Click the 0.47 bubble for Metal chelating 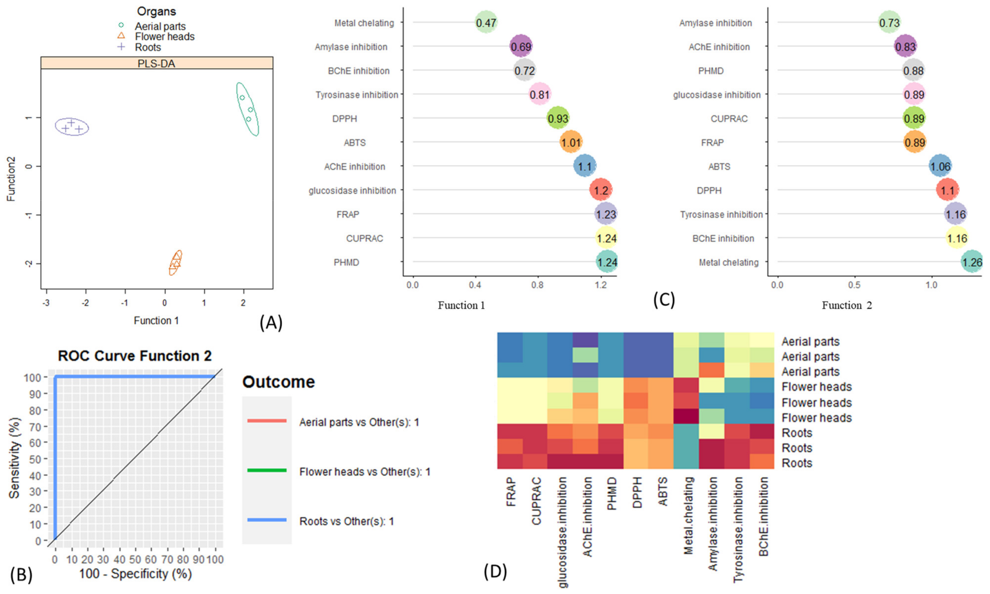(486, 22)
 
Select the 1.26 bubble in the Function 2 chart (972, 262)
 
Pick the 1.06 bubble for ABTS (940, 166)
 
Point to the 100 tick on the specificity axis (215, 559)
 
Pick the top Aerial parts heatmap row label (810, 341)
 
